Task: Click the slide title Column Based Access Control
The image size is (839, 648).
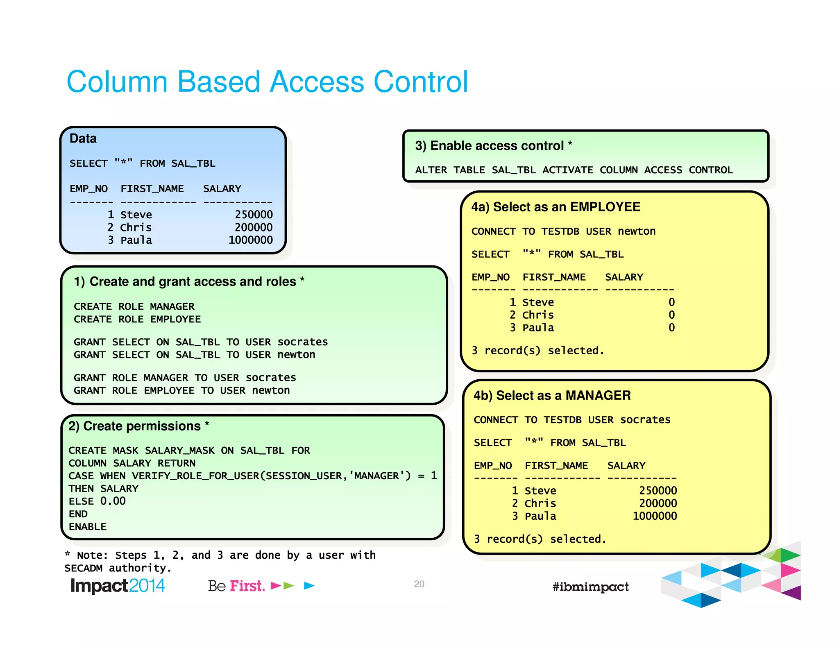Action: (x=267, y=82)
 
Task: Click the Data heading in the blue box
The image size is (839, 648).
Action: (x=83, y=138)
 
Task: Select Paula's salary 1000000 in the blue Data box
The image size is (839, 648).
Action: (x=250, y=240)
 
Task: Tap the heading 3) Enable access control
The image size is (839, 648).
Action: (x=493, y=145)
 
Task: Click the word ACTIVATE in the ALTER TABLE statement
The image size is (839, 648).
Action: (x=567, y=170)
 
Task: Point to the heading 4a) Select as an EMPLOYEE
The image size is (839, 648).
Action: (x=556, y=207)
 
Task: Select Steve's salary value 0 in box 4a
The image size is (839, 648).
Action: (x=671, y=302)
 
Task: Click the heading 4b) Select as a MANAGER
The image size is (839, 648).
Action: (x=552, y=395)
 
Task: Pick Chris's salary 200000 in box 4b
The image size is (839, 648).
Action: (x=658, y=503)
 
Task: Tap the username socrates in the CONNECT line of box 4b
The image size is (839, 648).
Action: (x=645, y=420)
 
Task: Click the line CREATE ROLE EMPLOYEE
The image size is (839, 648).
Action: (x=137, y=319)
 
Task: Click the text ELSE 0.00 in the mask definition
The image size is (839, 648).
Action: (x=97, y=501)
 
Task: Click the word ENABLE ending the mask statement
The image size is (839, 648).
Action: (x=88, y=527)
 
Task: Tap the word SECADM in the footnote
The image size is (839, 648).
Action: (x=84, y=568)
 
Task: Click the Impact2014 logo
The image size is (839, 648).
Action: (x=118, y=586)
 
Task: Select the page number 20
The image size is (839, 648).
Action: (x=419, y=584)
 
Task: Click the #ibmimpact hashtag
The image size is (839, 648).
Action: (x=590, y=587)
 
